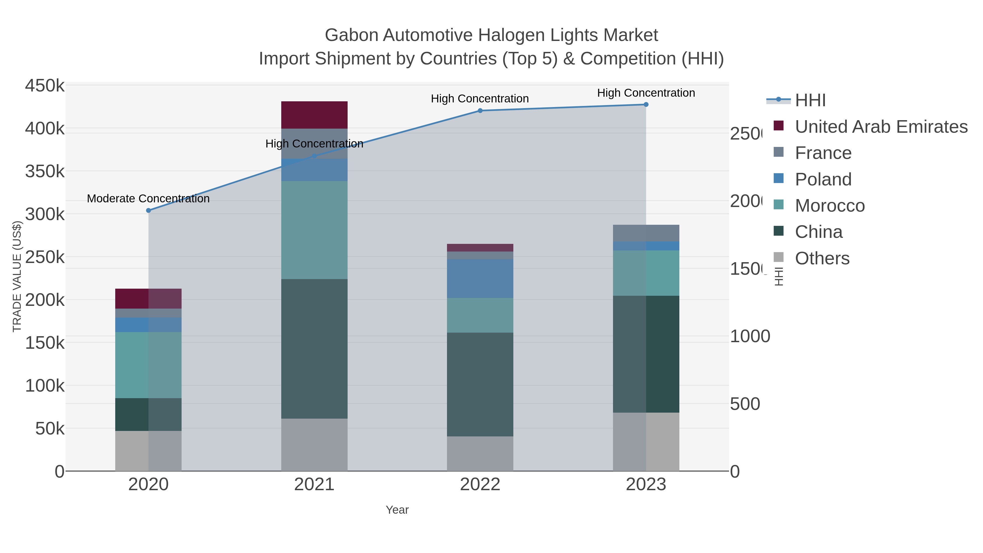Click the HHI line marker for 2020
pyautogui.click(x=149, y=210)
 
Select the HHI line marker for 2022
pyautogui.click(x=480, y=111)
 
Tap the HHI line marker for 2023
pyautogui.click(x=646, y=105)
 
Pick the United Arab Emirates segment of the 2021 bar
pyautogui.click(x=314, y=115)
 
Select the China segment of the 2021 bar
pyautogui.click(x=314, y=348)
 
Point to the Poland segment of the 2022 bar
pyautogui.click(x=480, y=279)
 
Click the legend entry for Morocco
pyautogui.click(x=830, y=206)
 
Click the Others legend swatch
pyautogui.click(x=778, y=257)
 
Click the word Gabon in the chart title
pyautogui.click(x=351, y=35)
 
